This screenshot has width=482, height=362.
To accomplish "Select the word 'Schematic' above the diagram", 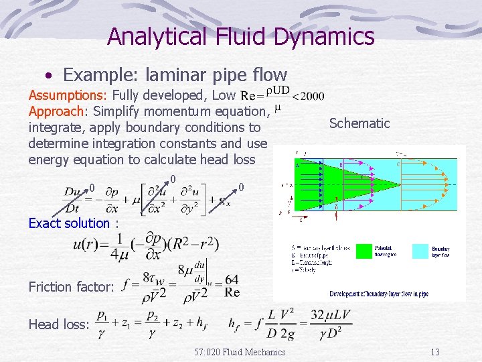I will pyautogui.click(x=359, y=123).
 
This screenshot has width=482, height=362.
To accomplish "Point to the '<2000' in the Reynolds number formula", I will pyautogui.click(x=309, y=96).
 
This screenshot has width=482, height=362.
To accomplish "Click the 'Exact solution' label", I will pyautogui.click(x=69, y=223).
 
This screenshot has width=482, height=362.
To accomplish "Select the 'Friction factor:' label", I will pyautogui.click(x=71, y=287).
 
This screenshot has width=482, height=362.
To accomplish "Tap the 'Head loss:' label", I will pyautogui.click(x=59, y=324).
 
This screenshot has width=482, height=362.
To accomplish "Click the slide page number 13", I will pyautogui.click(x=434, y=352).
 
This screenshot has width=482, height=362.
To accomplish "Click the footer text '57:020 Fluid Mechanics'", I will pyautogui.click(x=240, y=352).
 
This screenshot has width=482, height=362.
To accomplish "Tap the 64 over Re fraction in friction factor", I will pyautogui.click(x=232, y=286).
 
